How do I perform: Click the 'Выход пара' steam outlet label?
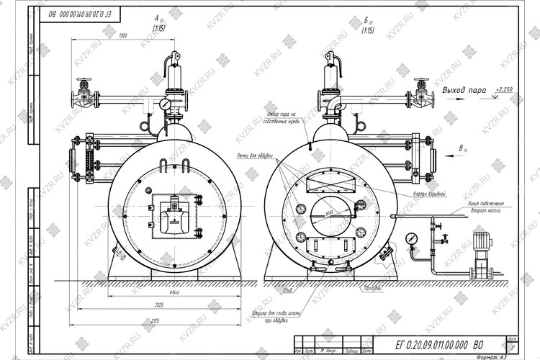(464, 90)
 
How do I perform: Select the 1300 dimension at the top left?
(123, 36)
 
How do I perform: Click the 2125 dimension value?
(168, 320)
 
